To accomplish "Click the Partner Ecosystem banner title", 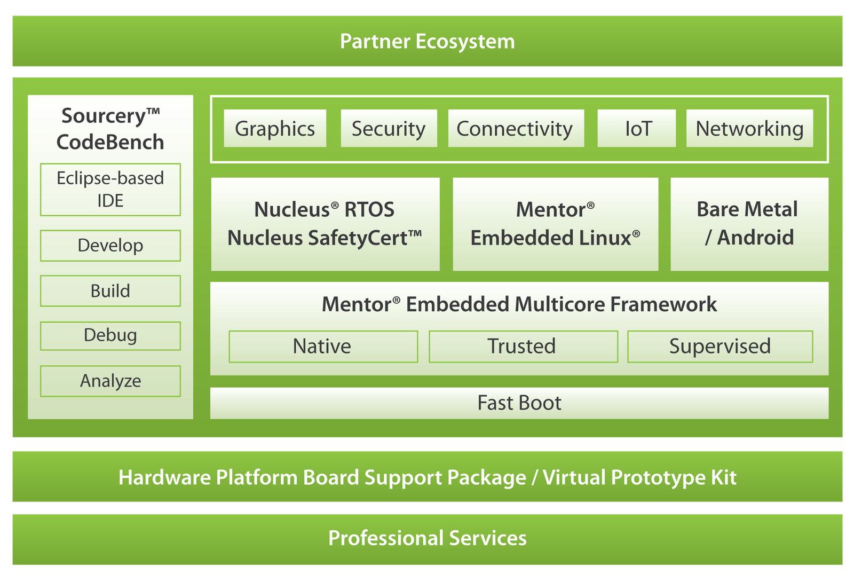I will pyautogui.click(x=427, y=42).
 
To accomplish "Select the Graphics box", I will pyautogui.click(x=275, y=129).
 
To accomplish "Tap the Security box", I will pyautogui.click(x=389, y=129).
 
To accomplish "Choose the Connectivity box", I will pyautogui.click(x=516, y=129).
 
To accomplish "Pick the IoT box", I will pyautogui.click(x=637, y=129).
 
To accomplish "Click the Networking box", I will pyautogui.click(x=749, y=129).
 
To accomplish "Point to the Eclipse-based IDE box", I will pyautogui.click(x=110, y=190).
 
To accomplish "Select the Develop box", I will pyautogui.click(x=110, y=246).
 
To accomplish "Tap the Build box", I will pyautogui.click(x=110, y=291).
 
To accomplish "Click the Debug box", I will pyautogui.click(x=110, y=336).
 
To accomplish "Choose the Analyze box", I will pyautogui.click(x=110, y=381).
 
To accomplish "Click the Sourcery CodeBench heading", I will pyautogui.click(x=110, y=129).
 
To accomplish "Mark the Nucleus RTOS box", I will pyautogui.click(x=325, y=224).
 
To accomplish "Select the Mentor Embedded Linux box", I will pyautogui.click(x=555, y=224).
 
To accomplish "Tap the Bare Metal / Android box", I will pyautogui.click(x=749, y=224).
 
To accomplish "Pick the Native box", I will pyautogui.click(x=323, y=347).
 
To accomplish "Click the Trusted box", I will pyautogui.click(x=523, y=347).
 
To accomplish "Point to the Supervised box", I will pyautogui.click(x=720, y=347).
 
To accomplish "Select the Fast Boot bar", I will pyautogui.click(x=519, y=403).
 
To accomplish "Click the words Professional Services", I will pyautogui.click(x=427, y=538).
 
